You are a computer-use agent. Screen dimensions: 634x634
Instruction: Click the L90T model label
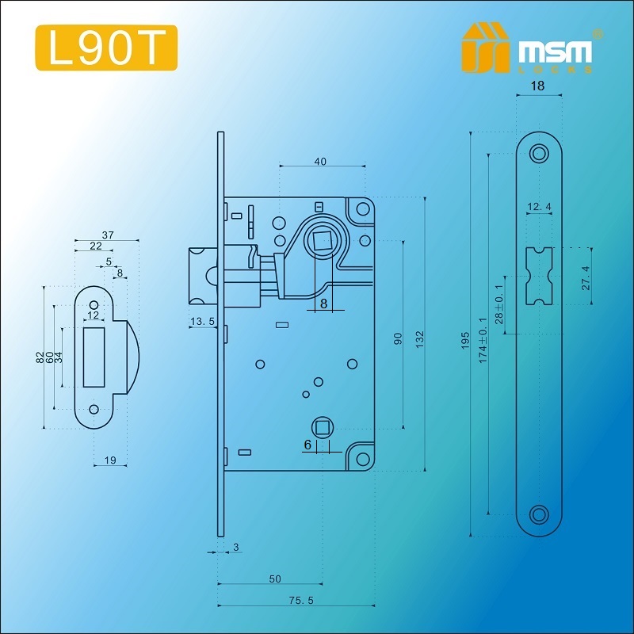(107, 48)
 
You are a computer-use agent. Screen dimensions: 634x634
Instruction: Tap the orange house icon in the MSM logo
(485, 48)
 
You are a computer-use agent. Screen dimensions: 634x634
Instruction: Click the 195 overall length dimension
(465, 341)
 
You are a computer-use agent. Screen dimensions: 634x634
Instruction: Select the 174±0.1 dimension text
(483, 341)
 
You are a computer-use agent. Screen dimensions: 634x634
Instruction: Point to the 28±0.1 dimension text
(499, 304)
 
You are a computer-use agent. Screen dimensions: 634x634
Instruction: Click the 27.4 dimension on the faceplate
(586, 278)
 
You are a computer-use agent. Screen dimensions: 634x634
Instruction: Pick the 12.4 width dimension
(539, 207)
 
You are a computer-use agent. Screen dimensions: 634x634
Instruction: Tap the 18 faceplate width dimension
(538, 86)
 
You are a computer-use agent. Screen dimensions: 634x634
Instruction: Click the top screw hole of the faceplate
(539, 154)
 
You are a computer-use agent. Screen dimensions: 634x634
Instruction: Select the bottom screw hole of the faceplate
(539, 514)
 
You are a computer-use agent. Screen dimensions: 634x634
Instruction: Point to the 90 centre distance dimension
(399, 338)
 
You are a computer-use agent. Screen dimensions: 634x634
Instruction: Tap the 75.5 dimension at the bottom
(301, 601)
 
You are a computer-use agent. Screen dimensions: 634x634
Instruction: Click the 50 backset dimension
(275, 579)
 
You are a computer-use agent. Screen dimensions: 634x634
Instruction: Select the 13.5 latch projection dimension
(202, 322)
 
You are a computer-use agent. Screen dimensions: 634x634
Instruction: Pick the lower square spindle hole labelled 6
(323, 428)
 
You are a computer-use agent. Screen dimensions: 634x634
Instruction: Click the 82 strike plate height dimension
(39, 357)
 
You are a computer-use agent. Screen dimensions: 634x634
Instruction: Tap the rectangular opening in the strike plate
(94, 357)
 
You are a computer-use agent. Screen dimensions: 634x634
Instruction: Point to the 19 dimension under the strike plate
(110, 460)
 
